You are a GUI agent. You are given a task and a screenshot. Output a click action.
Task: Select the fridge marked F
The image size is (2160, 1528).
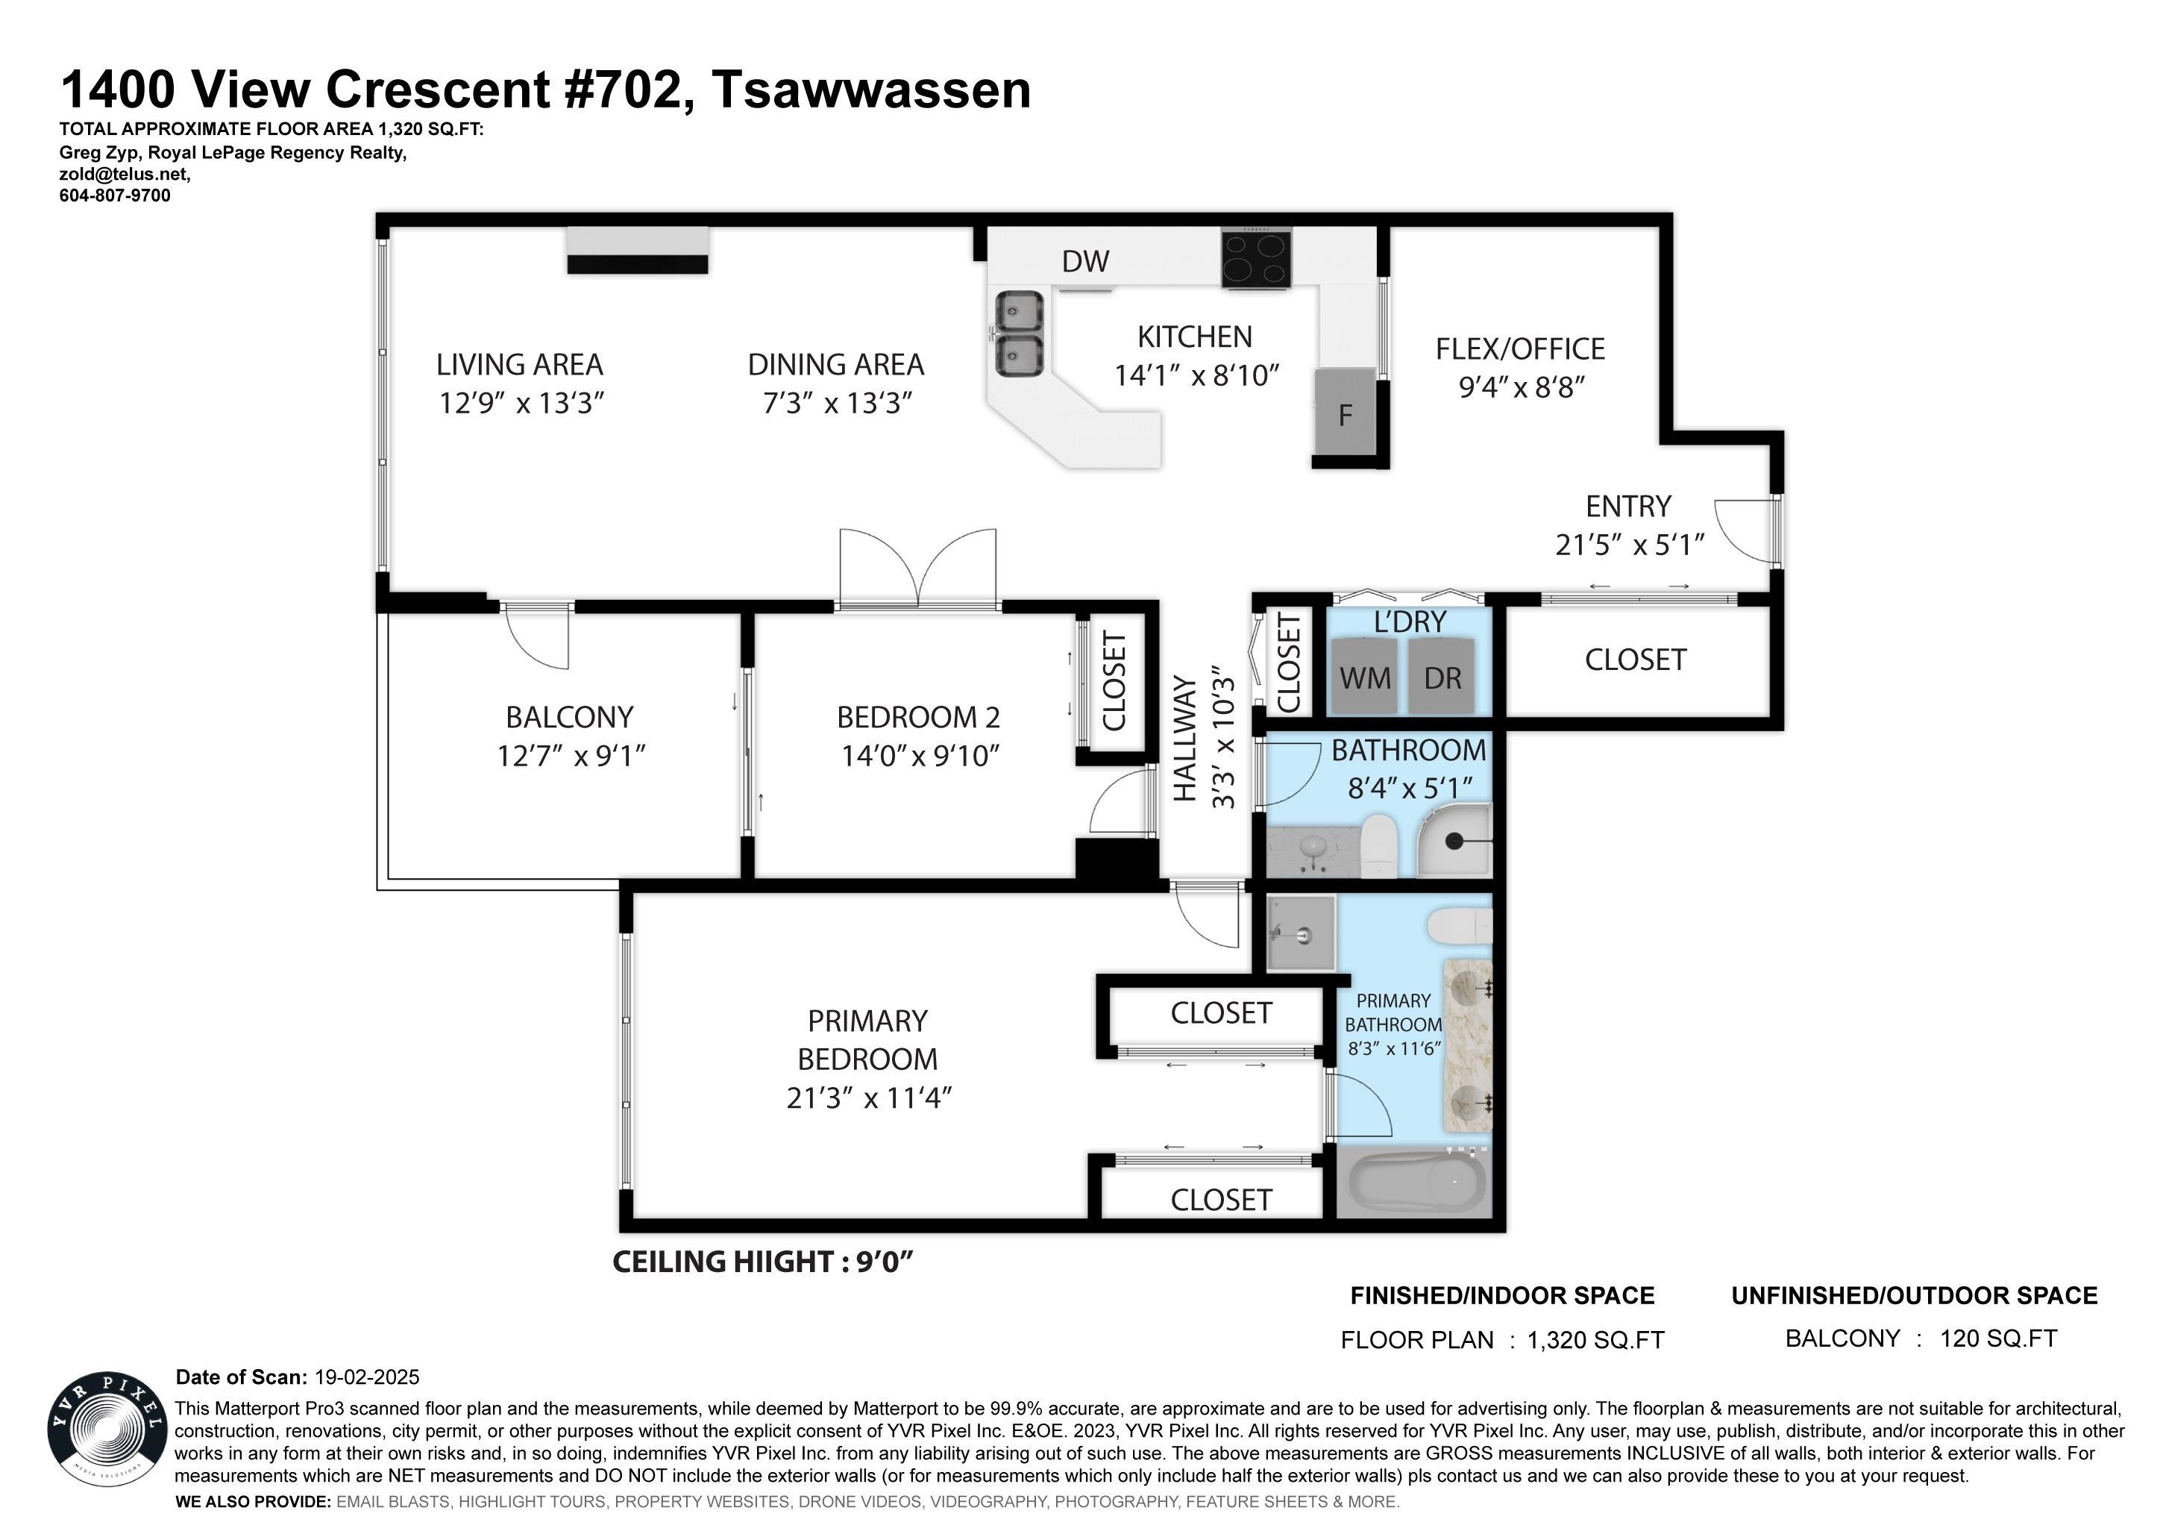pyautogui.click(x=1346, y=414)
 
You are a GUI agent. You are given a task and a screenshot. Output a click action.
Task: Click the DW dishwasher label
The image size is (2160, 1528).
pyautogui.click(x=1086, y=262)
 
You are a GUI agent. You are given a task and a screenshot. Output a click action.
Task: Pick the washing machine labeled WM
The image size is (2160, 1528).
pyautogui.click(x=1364, y=674)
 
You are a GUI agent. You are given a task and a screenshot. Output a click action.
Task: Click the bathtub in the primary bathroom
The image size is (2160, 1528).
pyautogui.click(x=1414, y=1183)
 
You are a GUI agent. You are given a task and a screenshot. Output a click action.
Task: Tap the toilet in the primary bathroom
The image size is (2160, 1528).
pyautogui.click(x=1458, y=926)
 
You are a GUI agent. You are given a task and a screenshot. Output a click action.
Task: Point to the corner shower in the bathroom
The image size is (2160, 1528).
pyautogui.click(x=1454, y=839)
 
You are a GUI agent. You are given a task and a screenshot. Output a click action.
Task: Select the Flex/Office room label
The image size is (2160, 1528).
pyautogui.click(x=1519, y=349)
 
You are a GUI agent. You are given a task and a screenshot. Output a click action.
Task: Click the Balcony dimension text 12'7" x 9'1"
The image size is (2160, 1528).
pyautogui.click(x=571, y=756)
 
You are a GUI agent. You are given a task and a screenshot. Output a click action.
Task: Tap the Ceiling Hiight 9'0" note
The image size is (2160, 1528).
pyautogui.click(x=763, y=1262)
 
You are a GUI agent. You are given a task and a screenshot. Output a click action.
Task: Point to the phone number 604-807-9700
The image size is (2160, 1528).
pyautogui.click(x=115, y=195)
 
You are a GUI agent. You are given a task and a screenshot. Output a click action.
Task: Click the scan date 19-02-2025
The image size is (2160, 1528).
pyautogui.click(x=367, y=1377)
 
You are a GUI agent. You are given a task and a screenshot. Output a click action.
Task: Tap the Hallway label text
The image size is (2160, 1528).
pyautogui.click(x=1184, y=739)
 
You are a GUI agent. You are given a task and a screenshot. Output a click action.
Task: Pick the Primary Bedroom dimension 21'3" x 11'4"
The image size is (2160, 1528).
pyautogui.click(x=869, y=1098)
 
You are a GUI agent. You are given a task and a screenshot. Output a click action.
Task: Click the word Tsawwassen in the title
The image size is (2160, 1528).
pyautogui.click(x=871, y=90)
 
